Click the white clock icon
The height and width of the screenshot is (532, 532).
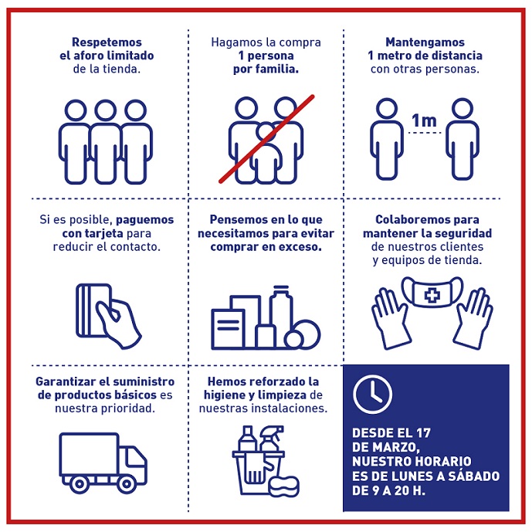[x=372, y=395]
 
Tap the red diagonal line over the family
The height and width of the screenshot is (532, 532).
[x=266, y=139]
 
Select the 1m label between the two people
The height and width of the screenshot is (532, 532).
[x=424, y=120]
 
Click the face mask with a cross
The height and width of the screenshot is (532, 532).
[x=432, y=292]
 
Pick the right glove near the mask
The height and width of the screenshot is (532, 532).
[x=473, y=318]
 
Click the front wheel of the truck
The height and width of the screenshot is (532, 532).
[x=126, y=483]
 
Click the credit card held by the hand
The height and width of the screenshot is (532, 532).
[x=93, y=310]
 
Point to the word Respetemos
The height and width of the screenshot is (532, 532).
[x=107, y=42]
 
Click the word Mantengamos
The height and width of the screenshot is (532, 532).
[x=425, y=42]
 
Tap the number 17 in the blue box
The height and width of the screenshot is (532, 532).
[x=423, y=433]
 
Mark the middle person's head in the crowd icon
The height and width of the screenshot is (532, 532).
[x=106, y=110]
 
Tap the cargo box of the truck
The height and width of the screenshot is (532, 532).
[x=90, y=454]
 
